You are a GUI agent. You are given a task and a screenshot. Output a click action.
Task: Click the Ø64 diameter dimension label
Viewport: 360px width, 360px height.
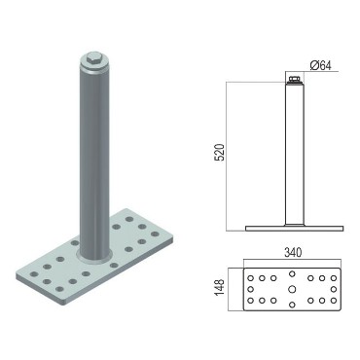coord(321,65)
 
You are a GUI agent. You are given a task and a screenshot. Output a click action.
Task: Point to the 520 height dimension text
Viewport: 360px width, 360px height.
coord(220,153)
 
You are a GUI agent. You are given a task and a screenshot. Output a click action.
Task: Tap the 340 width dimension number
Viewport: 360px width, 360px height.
coord(293,252)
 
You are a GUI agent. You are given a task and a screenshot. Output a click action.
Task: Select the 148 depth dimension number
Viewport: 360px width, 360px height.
coord(220,288)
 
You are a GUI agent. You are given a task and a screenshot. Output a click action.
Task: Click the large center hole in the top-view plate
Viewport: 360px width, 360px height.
coord(292,289)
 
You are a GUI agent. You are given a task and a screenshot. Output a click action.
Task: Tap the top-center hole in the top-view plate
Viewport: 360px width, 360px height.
coord(292,274)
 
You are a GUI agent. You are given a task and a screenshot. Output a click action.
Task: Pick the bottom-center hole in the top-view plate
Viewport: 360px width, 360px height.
coord(292,305)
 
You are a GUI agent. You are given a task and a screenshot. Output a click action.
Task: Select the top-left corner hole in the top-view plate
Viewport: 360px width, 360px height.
coord(250,278)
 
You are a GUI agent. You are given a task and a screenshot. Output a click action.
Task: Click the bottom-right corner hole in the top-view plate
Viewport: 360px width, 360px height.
coord(334,301)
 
